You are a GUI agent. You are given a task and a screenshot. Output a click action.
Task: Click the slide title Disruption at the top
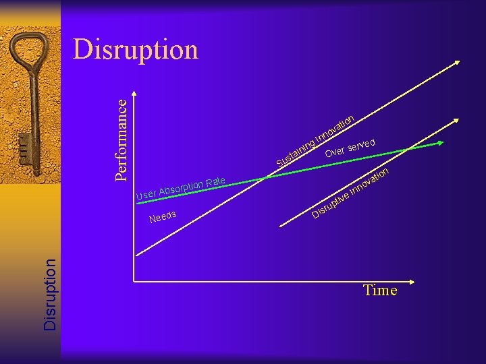tap(136, 50)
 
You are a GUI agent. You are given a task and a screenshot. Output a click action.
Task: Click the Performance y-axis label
tap(121, 139)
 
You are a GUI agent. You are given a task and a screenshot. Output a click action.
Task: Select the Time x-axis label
tap(380, 291)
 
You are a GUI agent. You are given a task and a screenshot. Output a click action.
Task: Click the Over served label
tap(350, 147)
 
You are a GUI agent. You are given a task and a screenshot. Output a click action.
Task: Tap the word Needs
tap(163, 216)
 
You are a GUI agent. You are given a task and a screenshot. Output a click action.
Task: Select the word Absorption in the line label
tap(181, 189)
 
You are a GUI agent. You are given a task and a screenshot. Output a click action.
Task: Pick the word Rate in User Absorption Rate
tap(215, 181)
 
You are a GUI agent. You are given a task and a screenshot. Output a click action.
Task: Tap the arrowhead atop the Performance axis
tap(134, 93)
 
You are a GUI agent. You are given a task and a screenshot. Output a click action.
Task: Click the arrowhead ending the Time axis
tap(448, 280)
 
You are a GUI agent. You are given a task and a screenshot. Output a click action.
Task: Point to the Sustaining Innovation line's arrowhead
tap(456, 63)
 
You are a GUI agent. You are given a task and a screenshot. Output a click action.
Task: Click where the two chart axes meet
tap(134, 280)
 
